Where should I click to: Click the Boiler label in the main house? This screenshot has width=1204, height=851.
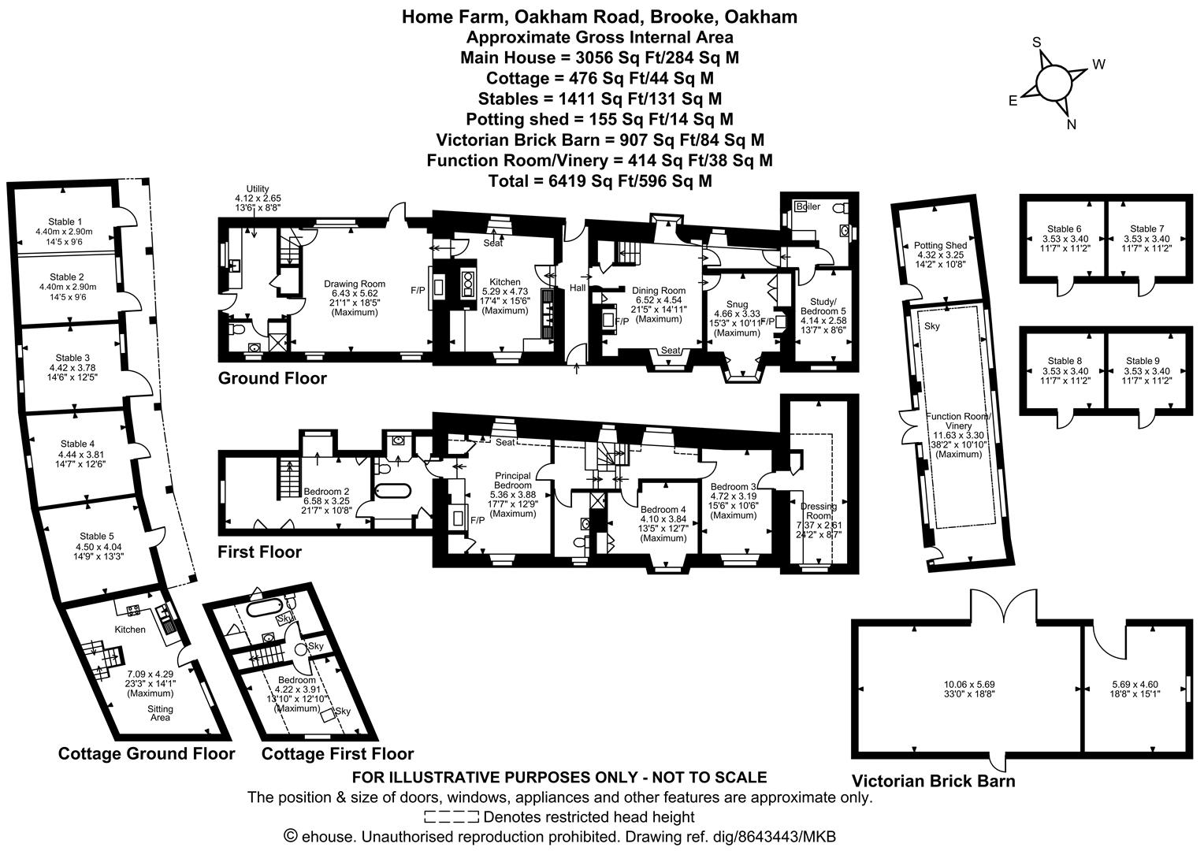coord(808,206)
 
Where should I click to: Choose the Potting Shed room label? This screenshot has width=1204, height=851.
coord(940,246)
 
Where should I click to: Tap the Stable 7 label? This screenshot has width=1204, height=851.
coord(1146,229)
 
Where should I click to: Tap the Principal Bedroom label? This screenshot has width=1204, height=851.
coord(513,481)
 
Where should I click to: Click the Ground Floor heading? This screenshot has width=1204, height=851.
coord(272,378)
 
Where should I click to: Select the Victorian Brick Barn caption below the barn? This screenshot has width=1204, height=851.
coord(933,781)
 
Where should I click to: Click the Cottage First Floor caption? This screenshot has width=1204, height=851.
coord(337,753)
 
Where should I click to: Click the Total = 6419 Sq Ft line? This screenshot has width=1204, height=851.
coord(599,180)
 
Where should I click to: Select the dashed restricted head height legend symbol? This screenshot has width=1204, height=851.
coord(451,816)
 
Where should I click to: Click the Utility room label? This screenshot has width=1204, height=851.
coord(258,189)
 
